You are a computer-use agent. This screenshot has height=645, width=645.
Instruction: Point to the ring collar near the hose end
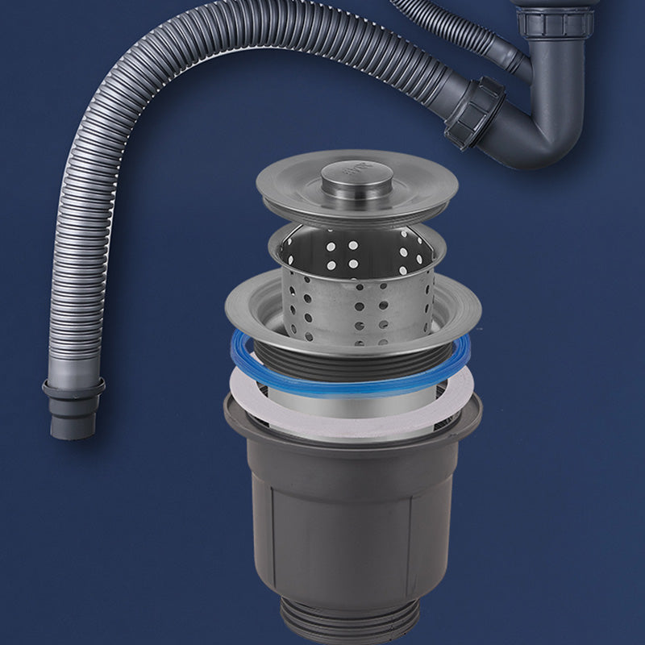[x=73, y=389]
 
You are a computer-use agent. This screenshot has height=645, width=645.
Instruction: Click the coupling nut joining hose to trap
[x=475, y=113]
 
